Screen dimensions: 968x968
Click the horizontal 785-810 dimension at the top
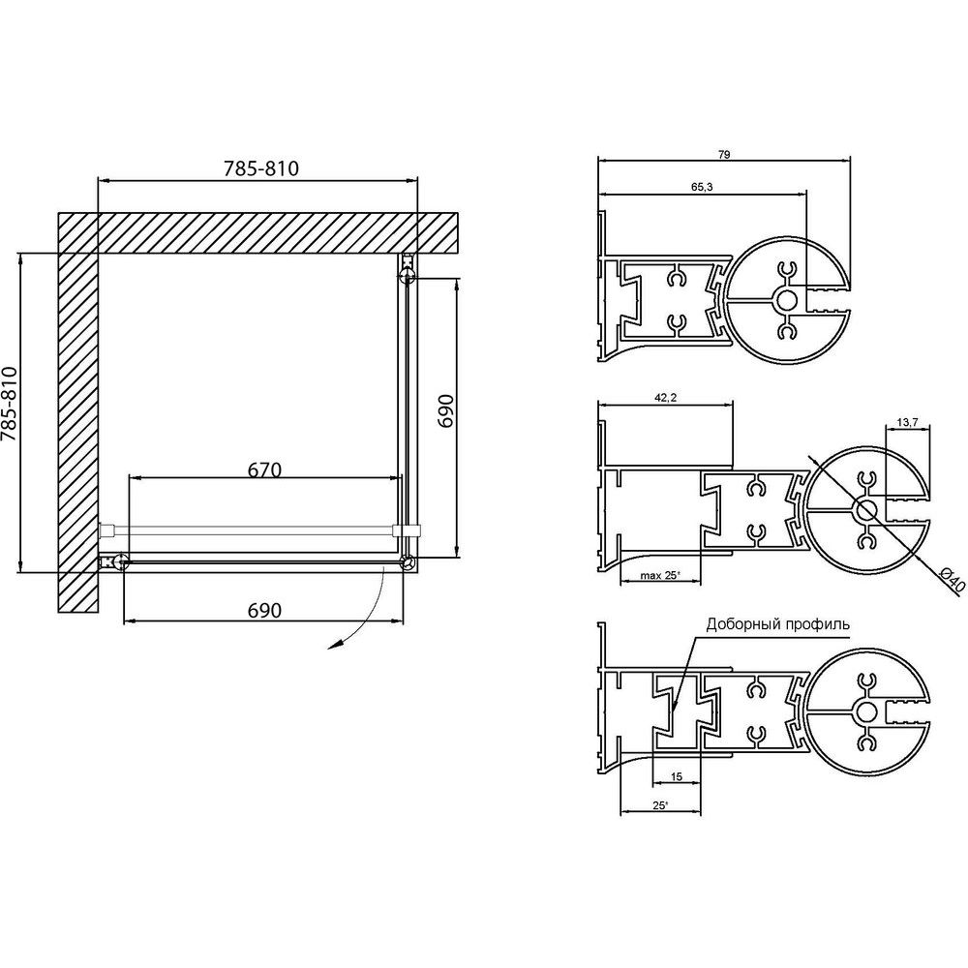point(261,168)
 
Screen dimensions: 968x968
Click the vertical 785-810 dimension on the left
point(11,404)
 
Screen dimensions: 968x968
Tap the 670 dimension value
point(264,470)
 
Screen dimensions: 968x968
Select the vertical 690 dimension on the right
point(445,411)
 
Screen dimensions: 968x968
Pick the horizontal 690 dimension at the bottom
point(264,611)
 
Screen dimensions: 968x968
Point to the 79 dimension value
point(724,155)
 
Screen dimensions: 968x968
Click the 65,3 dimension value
point(702,187)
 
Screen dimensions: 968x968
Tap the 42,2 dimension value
point(666,398)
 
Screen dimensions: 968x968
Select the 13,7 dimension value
point(908,422)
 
